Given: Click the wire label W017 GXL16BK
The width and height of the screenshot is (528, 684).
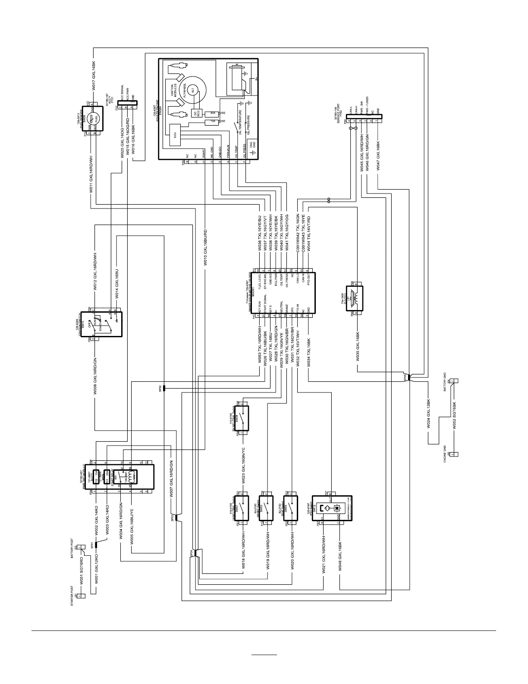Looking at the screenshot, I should pyautogui.click(x=94, y=76).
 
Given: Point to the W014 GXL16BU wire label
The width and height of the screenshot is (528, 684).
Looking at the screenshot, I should pyautogui.click(x=116, y=284).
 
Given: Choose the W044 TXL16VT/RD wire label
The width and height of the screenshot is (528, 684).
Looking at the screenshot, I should pyautogui.click(x=309, y=231).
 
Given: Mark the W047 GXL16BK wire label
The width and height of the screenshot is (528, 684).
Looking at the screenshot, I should pyautogui.click(x=378, y=156).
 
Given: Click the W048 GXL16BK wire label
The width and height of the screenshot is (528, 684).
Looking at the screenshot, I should pyautogui.click(x=340, y=556).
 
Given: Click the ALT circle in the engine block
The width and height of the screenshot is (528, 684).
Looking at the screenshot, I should pyautogui.click(x=193, y=89).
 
